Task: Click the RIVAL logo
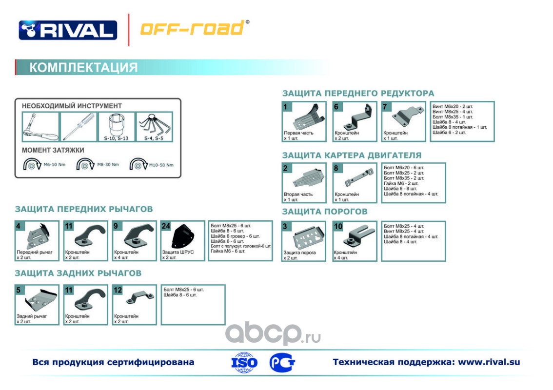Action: pyautogui.click(x=68, y=30)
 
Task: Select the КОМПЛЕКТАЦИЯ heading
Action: pyautogui.click(x=83, y=67)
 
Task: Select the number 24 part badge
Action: pyautogui.click(x=166, y=226)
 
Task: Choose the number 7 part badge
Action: pyautogui.click(x=386, y=107)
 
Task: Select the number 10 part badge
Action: pyautogui.click(x=338, y=226)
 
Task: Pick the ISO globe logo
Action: pyautogui.click(x=244, y=362)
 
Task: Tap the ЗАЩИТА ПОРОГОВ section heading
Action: pyautogui.click(x=325, y=212)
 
